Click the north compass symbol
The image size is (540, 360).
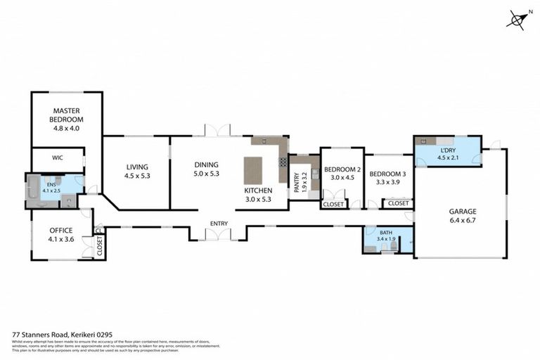517,20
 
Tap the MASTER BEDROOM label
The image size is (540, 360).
67,115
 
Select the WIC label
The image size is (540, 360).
57,160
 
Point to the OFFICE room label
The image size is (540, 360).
60,231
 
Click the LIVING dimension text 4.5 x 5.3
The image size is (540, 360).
137,176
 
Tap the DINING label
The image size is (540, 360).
207,165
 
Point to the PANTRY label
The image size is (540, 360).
297,183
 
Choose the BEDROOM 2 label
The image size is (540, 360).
342,169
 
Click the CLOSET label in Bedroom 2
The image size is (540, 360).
333,204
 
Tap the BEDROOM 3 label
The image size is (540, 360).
387,174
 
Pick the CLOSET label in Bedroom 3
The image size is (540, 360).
397,203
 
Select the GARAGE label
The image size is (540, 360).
463,210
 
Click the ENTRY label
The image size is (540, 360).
219,224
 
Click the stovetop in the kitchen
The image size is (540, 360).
283,162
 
